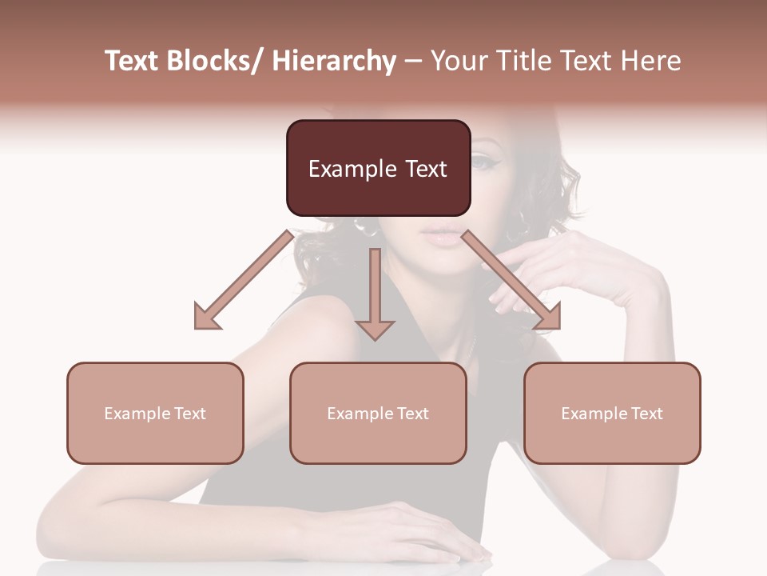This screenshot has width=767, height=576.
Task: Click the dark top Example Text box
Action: [378, 168]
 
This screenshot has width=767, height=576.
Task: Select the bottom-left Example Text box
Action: [155, 413]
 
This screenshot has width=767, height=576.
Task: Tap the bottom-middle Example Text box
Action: [378, 413]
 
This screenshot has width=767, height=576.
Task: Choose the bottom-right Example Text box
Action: [612, 413]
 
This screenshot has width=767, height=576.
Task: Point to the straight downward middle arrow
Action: [375, 296]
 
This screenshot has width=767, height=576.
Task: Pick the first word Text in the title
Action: [130, 62]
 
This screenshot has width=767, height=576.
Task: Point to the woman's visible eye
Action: [483, 162]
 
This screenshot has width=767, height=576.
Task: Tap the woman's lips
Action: [441, 234]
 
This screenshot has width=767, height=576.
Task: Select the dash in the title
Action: [413, 62]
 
